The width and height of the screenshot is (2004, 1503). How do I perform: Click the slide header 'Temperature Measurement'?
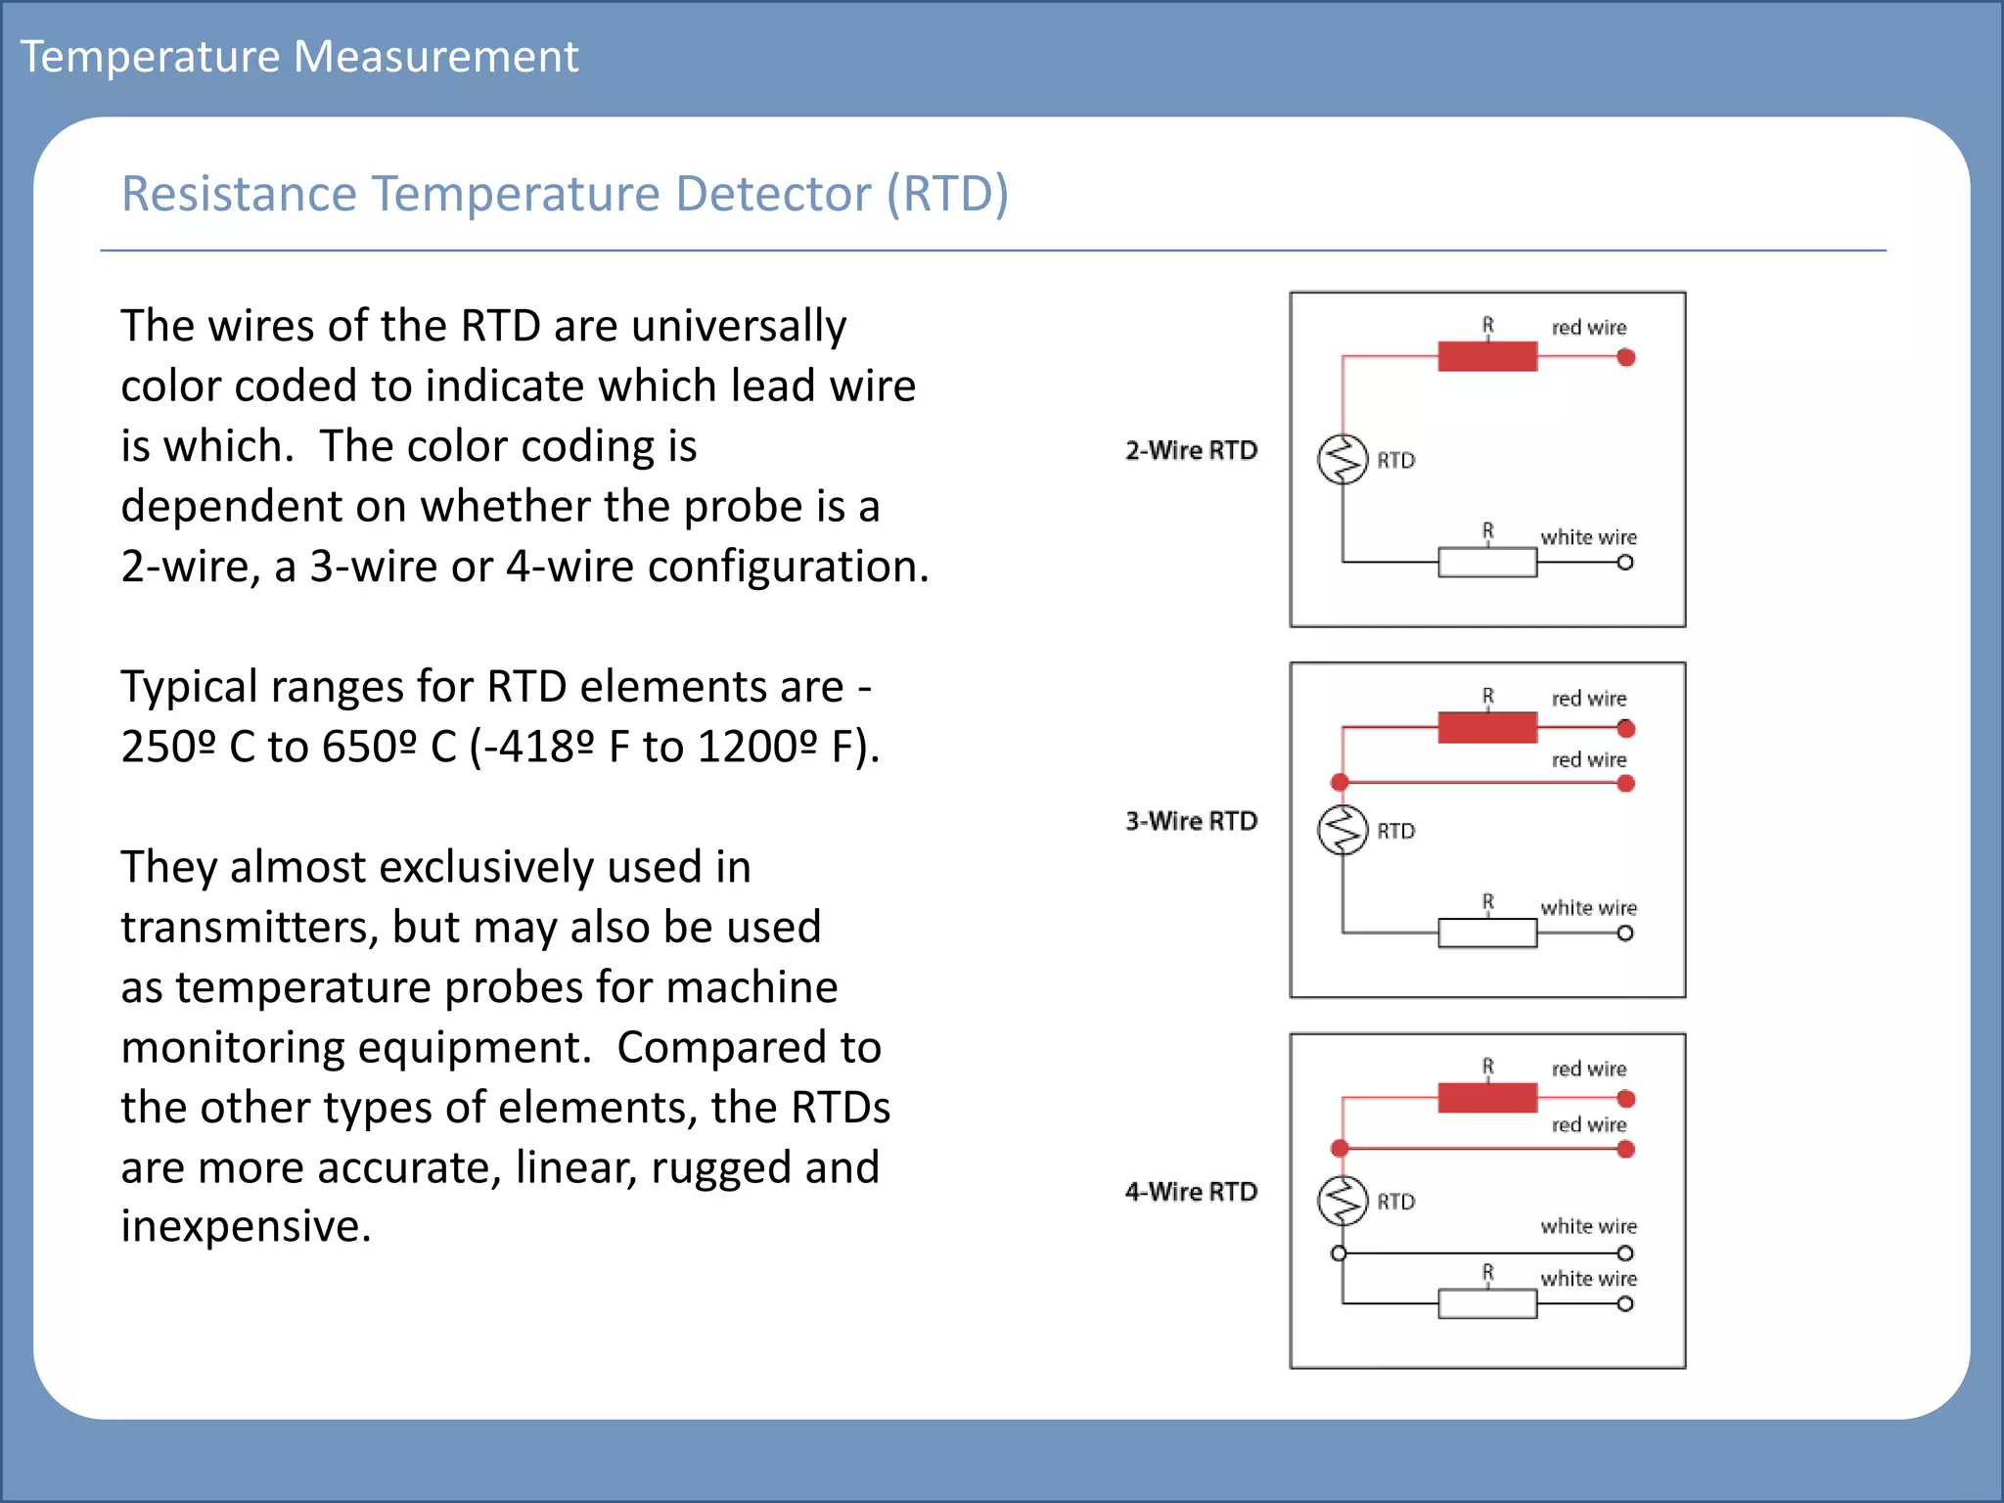(299, 57)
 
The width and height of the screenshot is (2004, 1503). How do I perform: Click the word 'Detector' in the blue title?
(772, 194)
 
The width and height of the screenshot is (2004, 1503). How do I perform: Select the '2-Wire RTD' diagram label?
(1191, 451)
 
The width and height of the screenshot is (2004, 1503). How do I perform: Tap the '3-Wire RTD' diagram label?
(1191, 822)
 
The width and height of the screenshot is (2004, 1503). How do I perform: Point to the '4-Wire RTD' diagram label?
(1191, 1193)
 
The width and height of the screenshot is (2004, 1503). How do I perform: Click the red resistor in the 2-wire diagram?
(1486, 357)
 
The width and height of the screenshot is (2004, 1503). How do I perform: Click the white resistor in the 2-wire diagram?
(1486, 563)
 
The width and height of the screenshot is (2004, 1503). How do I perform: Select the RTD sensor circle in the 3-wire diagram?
(1343, 830)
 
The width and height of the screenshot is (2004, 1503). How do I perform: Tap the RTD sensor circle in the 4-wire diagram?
(1343, 1201)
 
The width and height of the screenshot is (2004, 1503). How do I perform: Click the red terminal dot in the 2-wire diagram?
(1626, 358)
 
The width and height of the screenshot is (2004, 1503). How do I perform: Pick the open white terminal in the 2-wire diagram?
(1625, 563)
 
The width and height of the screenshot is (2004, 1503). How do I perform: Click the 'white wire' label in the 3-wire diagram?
(1588, 908)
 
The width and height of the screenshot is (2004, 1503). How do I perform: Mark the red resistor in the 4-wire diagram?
(1486, 1098)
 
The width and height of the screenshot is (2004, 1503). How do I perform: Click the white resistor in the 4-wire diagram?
(1486, 1303)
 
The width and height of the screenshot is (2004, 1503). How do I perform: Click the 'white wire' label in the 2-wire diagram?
(1588, 537)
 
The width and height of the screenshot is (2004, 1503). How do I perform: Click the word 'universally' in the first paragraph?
(739, 326)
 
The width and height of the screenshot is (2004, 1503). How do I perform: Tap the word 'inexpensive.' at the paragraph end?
(246, 1227)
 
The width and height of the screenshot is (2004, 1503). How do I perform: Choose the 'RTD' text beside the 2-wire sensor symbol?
(1396, 461)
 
